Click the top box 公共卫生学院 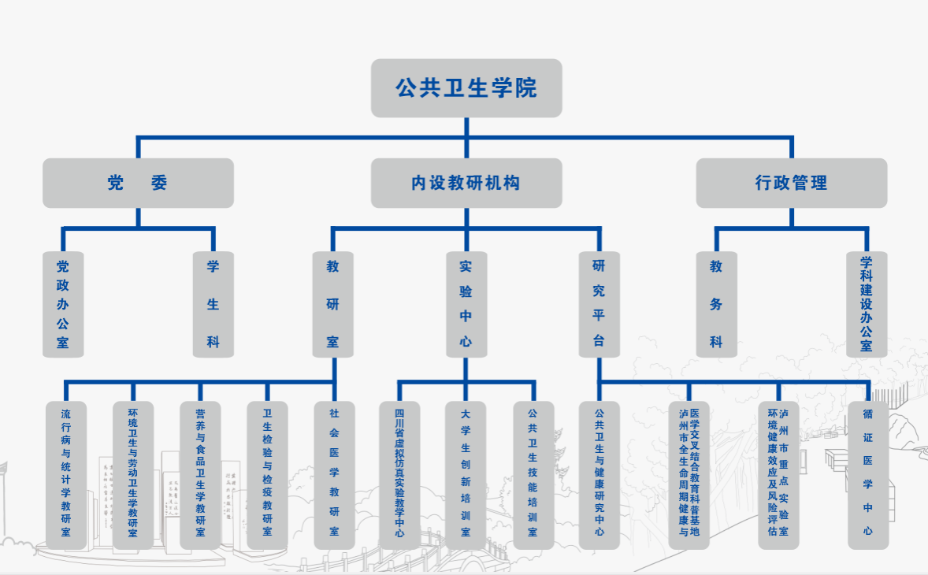tap(466, 87)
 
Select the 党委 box tap(138, 183)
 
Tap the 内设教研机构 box tap(466, 183)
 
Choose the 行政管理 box tap(791, 183)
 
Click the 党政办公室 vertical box tap(63, 304)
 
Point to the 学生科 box tap(213, 304)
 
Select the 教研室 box tap(333, 304)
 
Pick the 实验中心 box tap(466, 304)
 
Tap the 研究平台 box tap(599, 304)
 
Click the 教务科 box tap(716, 304)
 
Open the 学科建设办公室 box tap(867, 304)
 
